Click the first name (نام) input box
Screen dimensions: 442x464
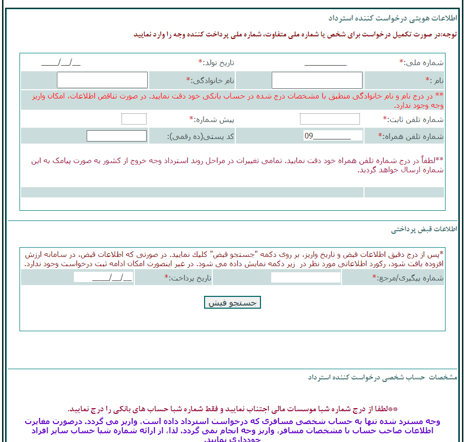(316, 81)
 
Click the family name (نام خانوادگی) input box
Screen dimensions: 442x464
(102, 81)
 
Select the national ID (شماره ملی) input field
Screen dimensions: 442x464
(325, 63)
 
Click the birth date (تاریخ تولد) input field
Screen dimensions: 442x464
(60, 63)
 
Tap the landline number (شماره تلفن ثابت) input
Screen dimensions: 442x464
(330, 119)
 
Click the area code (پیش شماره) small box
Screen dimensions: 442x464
(134, 119)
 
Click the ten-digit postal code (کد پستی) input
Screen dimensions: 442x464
(116, 136)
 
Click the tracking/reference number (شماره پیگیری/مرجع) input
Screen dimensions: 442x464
(306, 277)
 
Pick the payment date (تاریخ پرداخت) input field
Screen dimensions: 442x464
(103, 277)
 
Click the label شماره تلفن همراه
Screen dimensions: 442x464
(411, 136)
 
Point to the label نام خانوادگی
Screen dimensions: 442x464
(210, 81)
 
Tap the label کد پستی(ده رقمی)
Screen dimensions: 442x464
(201, 136)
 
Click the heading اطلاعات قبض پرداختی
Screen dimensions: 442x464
(424, 230)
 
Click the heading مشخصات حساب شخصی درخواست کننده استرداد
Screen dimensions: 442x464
(382, 377)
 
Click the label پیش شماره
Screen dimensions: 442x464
(211, 119)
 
